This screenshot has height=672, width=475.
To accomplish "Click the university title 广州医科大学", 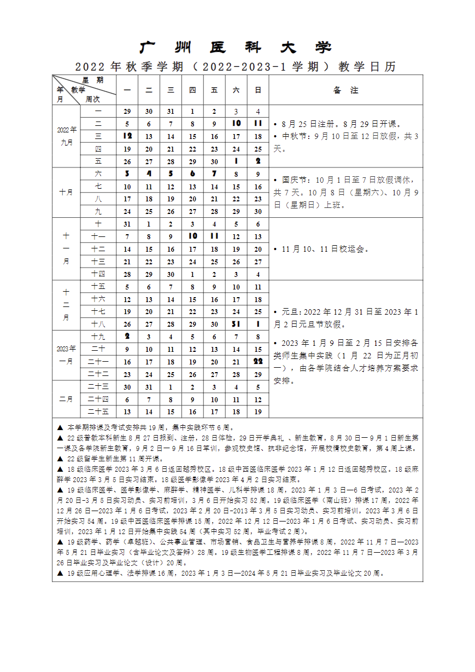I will (236, 48).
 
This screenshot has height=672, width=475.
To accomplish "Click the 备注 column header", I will (345, 90).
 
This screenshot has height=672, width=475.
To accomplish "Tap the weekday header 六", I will (236, 90).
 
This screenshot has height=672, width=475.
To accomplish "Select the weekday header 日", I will (258, 90).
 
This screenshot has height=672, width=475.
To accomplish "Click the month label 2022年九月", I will (67, 136).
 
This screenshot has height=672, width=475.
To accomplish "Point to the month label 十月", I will (67, 193).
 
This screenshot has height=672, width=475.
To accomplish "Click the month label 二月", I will (67, 399).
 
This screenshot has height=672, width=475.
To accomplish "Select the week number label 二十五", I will (98, 412).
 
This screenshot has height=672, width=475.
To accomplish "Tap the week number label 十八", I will (98, 324).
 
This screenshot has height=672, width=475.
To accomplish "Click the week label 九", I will (98, 211).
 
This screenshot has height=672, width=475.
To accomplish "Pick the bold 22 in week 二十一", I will (258, 361).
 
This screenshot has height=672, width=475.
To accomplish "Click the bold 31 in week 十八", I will (236, 324).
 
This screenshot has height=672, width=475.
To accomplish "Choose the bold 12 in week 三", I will (127, 136).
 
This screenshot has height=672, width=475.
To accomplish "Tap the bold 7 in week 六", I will (214, 173).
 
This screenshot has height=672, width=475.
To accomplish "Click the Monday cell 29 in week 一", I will (127, 112).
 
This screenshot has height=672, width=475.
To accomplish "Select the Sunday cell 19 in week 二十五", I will (258, 412).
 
